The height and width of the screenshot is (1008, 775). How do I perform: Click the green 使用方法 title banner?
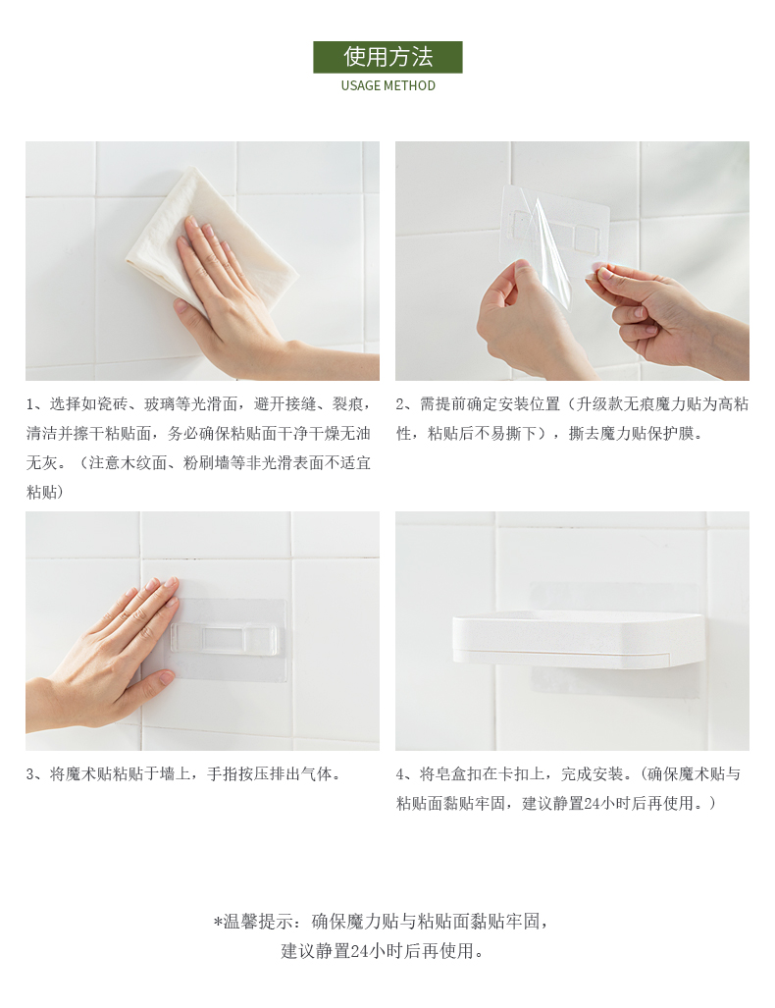pos(387,57)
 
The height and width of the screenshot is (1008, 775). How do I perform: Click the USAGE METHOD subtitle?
pos(388,85)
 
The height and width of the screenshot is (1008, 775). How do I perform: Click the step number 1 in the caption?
pos(29,404)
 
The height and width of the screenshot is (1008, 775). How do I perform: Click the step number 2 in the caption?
pos(400,404)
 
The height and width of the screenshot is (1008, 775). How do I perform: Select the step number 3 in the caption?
pos(29,774)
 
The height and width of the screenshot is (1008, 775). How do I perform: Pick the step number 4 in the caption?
pos(400,774)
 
